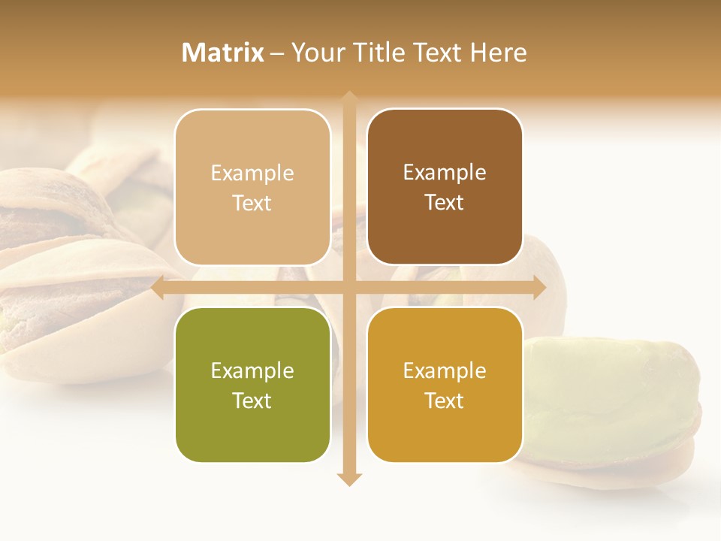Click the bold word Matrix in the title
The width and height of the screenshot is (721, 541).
(x=223, y=53)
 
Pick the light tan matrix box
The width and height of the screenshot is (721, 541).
(x=252, y=187)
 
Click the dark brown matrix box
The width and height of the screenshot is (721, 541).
(x=445, y=187)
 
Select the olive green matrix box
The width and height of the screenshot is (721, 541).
(x=252, y=385)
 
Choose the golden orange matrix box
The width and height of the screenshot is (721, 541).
(x=445, y=385)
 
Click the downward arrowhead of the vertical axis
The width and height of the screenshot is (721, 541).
(x=349, y=479)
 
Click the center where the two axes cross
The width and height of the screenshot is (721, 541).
(x=349, y=288)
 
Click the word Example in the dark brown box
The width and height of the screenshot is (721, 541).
(x=445, y=173)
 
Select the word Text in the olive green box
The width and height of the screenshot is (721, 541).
(x=252, y=400)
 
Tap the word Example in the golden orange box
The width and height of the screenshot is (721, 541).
(x=445, y=370)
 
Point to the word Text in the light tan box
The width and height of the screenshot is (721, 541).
(x=252, y=203)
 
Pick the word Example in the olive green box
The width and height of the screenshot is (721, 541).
(x=252, y=370)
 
